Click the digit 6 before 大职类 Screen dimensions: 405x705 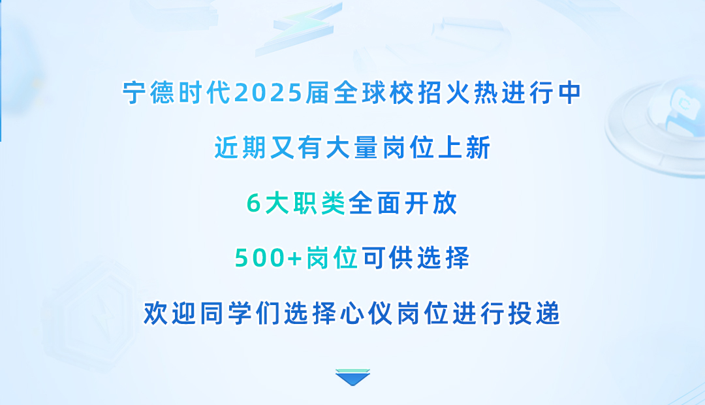[253, 204]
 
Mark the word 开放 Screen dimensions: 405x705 [431, 204]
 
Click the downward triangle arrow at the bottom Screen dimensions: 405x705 [352, 377]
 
